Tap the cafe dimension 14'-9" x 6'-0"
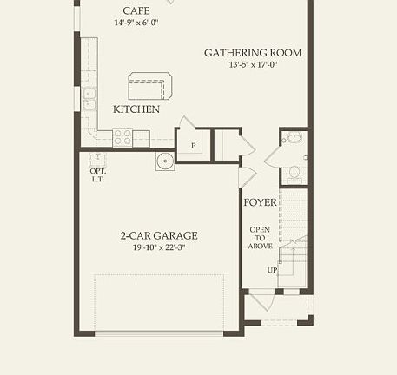coord(142,23)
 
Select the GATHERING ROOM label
coord(253,53)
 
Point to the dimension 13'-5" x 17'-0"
coord(253,65)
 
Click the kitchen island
coord(150,87)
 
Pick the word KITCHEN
coord(136,109)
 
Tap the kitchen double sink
coord(89,99)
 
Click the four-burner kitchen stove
coord(122,137)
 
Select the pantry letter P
coord(193,146)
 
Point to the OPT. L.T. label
coord(97,174)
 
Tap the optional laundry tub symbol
coord(97,158)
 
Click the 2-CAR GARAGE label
coord(159,235)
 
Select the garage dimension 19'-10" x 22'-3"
coord(159,248)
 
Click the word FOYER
coord(260,202)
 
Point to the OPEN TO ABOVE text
coord(261,238)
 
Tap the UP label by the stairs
coord(272,270)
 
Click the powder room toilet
coord(294,171)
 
